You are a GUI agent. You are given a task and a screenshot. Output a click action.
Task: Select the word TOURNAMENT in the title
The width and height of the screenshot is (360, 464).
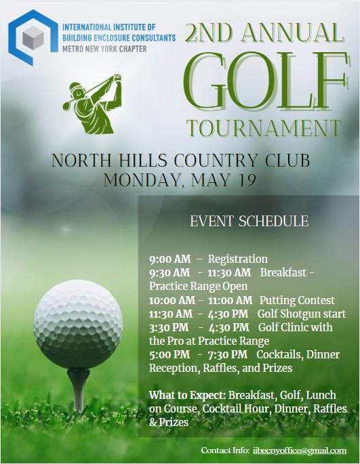click(264, 128)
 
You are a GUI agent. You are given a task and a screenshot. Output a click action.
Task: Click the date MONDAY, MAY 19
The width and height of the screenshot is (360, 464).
click(180, 181)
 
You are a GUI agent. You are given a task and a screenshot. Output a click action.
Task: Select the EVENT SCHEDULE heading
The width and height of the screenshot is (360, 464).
click(249, 222)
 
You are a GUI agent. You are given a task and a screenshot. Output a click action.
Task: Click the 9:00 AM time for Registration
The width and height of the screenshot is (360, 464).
click(169, 259)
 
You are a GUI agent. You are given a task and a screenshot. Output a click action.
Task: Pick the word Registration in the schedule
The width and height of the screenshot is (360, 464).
click(237, 259)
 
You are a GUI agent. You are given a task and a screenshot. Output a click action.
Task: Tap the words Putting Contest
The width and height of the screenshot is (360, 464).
click(297, 300)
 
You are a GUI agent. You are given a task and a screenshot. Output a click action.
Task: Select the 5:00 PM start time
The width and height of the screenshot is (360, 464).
click(169, 355)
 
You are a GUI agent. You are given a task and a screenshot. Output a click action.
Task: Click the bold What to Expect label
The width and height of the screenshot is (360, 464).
click(187, 395)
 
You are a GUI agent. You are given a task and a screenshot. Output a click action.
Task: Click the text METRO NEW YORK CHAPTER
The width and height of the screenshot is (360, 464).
click(105, 49)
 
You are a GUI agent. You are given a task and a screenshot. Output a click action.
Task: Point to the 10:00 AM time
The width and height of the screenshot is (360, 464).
click(172, 300)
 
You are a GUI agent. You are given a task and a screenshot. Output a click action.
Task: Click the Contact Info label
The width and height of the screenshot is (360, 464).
click(225, 450)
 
